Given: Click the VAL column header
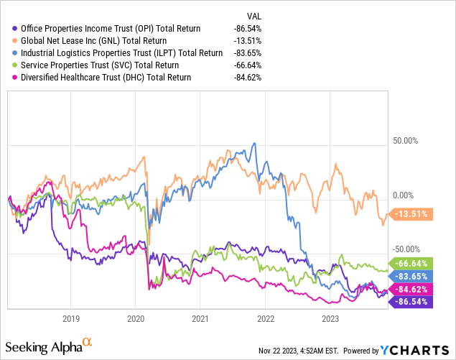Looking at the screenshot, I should click(x=253, y=16).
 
